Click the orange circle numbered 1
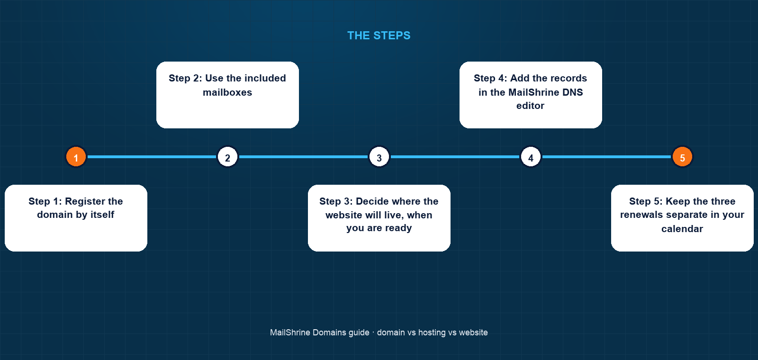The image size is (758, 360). pos(76,157)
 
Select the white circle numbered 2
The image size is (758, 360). pos(227,157)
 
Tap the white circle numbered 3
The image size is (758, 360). pos(379,157)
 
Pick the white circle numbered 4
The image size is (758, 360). pos(531,157)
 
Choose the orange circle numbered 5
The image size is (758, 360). pos(682,157)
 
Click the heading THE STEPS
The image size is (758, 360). pos(379,36)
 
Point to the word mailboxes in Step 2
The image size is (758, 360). pos(227,92)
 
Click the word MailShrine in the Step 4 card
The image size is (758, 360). pos(533,92)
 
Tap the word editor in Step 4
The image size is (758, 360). pos(530,106)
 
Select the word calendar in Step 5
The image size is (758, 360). pos(682,229)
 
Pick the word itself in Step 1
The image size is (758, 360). pos(100,215)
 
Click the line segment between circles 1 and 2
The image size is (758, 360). pos(152,157)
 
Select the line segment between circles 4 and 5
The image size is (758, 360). pos(606,157)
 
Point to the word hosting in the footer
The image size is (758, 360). pos(432,333)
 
